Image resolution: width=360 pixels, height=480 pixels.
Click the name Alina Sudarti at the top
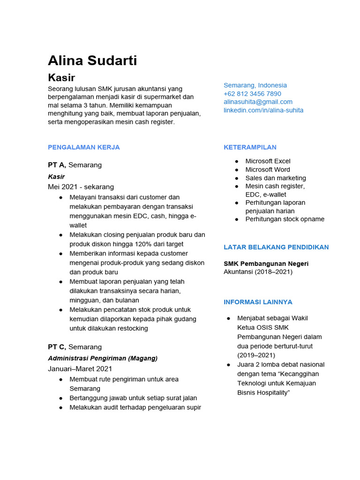click(x=92, y=60)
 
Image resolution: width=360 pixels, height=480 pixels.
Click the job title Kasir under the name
click(x=61, y=77)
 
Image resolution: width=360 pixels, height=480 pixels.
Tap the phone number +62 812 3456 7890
click(x=252, y=94)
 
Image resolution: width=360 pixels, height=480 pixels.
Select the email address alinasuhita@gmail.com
click(x=258, y=102)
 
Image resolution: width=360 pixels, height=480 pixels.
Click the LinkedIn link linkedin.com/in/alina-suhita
click(x=263, y=110)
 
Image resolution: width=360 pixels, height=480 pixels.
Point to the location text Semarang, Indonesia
click(x=255, y=85)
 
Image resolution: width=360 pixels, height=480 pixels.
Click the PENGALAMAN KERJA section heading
click(x=84, y=147)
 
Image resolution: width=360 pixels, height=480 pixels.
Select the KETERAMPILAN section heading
click(x=250, y=147)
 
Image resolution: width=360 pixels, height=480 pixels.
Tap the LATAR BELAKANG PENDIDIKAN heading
click(x=276, y=247)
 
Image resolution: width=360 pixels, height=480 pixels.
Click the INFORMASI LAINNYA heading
click(x=258, y=302)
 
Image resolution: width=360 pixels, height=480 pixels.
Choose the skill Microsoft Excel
click(x=268, y=161)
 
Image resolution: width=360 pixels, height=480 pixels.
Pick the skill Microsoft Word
click(x=268, y=170)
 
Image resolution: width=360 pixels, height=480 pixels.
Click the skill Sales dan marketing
click(x=276, y=178)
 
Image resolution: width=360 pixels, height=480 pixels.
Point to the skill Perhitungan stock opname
click(x=285, y=219)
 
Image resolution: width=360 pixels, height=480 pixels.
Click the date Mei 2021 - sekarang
click(x=81, y=187)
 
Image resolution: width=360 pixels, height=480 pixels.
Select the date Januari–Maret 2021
click(x=80, y=369)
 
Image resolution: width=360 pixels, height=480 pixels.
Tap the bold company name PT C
click(x=57, y=347)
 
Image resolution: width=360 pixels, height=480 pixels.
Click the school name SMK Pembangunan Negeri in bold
click(x=266, y=263)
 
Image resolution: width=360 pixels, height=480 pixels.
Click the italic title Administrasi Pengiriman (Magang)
click(x=103, y=358)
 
